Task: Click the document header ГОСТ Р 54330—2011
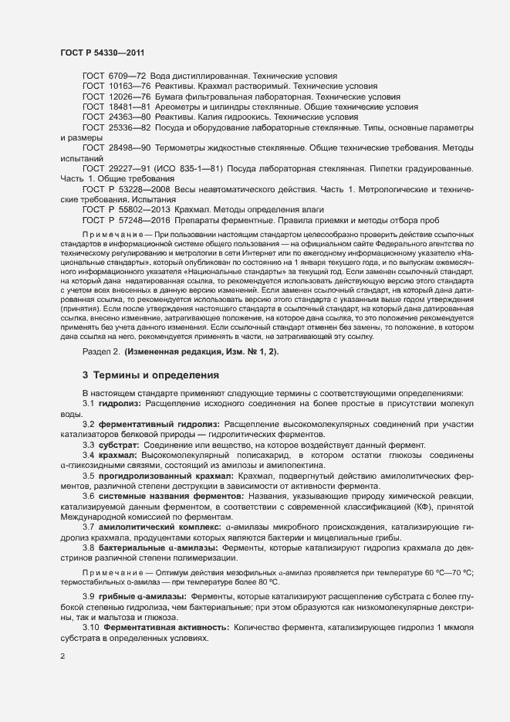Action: pos(100,53)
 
